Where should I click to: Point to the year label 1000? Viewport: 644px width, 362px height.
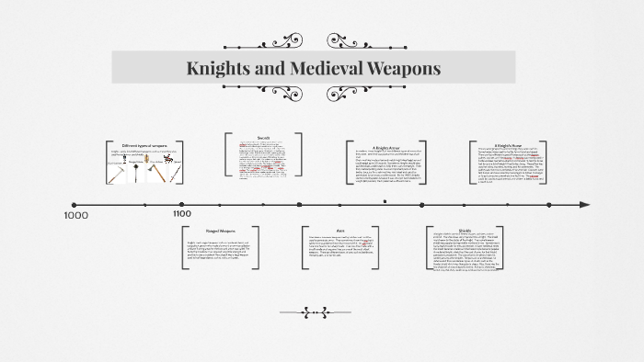click(75, 215)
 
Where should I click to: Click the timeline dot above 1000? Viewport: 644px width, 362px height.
click(75, 204)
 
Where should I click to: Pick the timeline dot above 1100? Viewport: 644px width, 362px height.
click(181, 204)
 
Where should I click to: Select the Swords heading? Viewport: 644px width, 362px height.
click(264, 137)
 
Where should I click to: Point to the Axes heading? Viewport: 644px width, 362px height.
click(328, 232)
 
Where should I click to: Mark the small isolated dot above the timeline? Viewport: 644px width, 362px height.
click(385, 199)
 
